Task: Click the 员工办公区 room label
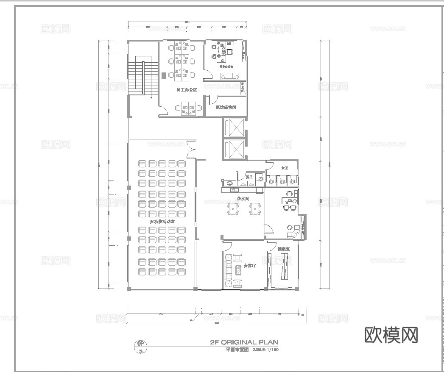187,90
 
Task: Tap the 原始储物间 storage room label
226,107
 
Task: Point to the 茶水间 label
243,198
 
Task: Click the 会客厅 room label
250,266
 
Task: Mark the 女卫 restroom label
285,168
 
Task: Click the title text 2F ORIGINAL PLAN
244,342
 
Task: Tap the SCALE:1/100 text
266,350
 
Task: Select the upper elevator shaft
234,127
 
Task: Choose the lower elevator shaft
234,149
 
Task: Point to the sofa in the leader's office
229,76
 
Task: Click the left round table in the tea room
233,208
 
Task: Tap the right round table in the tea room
255,208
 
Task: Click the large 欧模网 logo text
391,335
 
